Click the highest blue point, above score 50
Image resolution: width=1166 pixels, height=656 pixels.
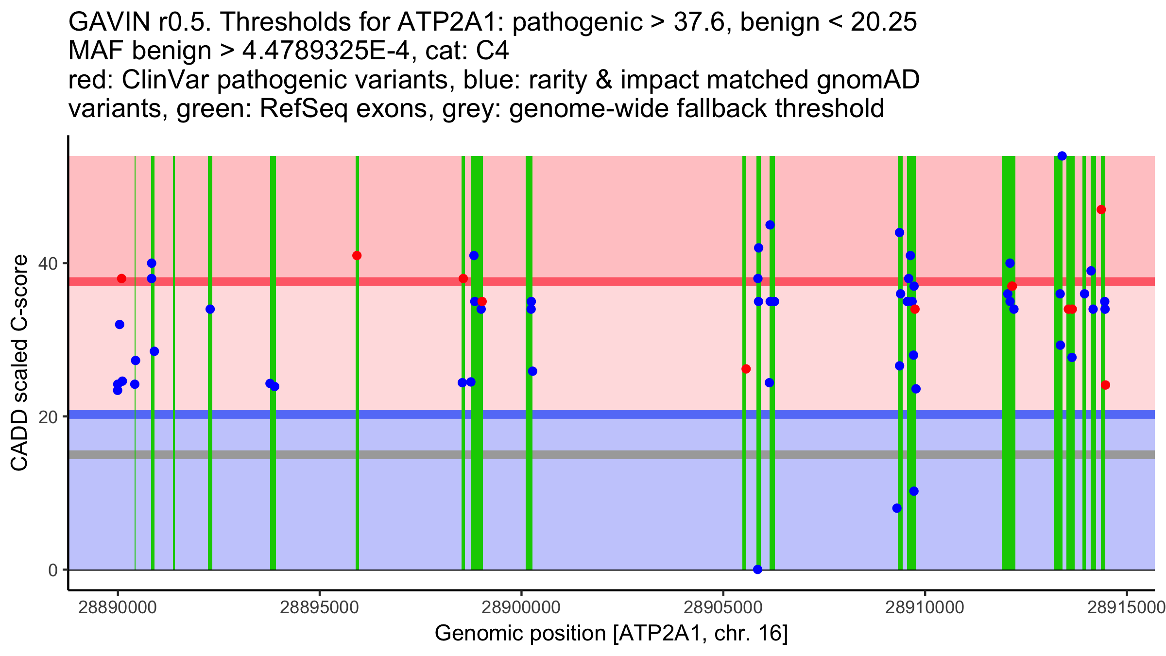click(x=1062, y=156)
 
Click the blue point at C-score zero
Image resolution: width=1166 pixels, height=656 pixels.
click(x=757, y=570)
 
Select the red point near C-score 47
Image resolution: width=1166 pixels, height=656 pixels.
click(x=1101, y=209)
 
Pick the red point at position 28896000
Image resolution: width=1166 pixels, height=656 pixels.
click(x=357, y=256)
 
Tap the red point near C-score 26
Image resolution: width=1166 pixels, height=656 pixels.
click(x=746, y=369)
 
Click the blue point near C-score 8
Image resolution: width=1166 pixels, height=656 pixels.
click(x=897, y=508)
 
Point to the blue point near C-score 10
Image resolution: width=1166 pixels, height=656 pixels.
click(x=914, y=491)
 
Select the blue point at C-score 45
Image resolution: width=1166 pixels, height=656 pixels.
click(x=770, y=225)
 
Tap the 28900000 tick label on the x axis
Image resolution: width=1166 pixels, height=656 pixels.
click(x=521, y=608)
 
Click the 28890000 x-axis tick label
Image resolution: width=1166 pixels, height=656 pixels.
click(x=117, y=608)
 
